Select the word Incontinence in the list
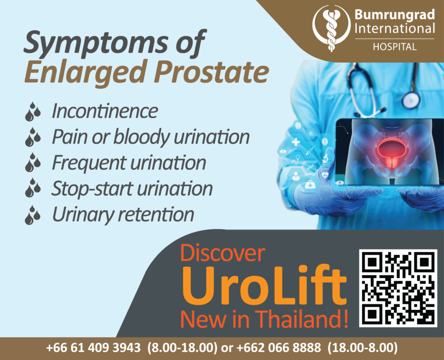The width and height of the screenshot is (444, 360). click(105, 111)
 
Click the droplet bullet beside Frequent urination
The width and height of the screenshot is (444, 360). click(33, 162)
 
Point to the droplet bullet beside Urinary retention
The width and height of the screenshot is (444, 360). click(33, 215)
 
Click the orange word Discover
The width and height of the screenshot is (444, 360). click(222, 253)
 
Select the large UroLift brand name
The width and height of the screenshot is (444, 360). click(264, 285)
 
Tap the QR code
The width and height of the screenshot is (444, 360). click(398, 288)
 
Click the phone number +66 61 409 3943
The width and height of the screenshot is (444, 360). click(94, 347)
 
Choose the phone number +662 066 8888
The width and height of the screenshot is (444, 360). click(279, 347)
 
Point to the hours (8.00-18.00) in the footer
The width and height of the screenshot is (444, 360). click(183, 347)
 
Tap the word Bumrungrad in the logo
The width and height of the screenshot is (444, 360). click(395, 14)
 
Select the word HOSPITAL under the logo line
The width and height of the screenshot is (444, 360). click(395, 47)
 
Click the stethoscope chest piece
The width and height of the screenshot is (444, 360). click(411, 100)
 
